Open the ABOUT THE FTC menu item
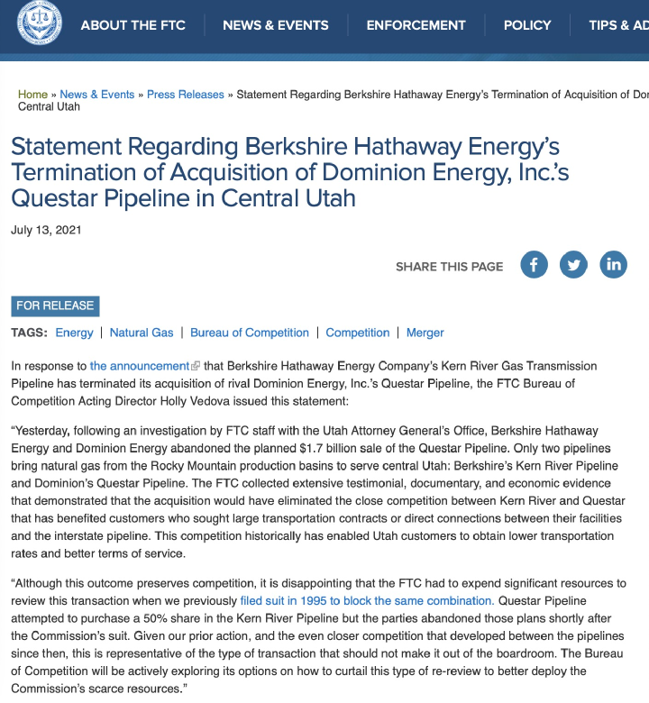(x=133, y=25)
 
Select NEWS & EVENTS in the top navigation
(x=276, y=25)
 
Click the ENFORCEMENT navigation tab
(x=415, y=25)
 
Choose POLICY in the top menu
(x=527, y=25)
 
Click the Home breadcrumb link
(x=32, y=95)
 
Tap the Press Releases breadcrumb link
(x=186, y=95)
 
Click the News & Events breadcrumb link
(x=97, y=95)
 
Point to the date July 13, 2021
(x=46, y=230)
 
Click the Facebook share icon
(x=534, y=265)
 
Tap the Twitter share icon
(x=573, y=265)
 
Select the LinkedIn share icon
(x=613, y=265)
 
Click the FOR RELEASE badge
(x=55, y=306)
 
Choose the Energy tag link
(x=74, y=333)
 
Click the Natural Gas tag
(x=142, y=333)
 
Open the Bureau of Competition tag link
(x=250, y=333)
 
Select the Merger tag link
(x=425, y=333)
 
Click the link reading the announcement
(x=140, y=366)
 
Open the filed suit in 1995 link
(x=367, y=600)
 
